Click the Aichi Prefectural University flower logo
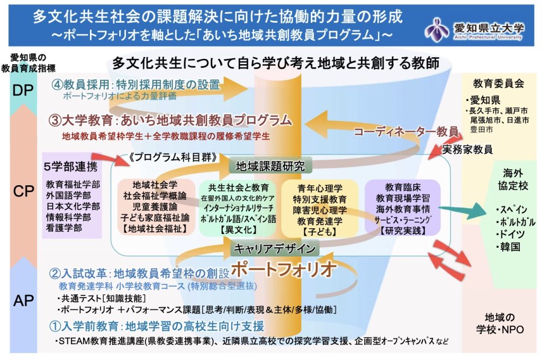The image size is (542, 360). coord(437,29)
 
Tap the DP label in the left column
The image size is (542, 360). coord(23,90)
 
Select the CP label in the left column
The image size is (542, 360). coord(23,191)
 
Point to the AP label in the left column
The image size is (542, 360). coord(23,301)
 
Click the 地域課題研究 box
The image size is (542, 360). coord(270,166)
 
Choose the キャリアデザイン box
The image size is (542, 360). coord(275,248)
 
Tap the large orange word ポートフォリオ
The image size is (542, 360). coord(284,269)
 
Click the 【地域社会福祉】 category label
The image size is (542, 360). coord(155,229)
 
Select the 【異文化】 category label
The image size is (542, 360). coord(239,230)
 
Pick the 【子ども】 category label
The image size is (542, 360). coord(320,231)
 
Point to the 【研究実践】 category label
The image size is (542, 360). coord(403,230)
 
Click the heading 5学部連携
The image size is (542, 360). coord(70,167)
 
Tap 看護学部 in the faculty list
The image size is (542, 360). coord(64,228)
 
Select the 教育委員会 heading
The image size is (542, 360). coord(499,83)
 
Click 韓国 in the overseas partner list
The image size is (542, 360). coord(510,247)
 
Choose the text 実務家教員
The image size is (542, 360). coord(467,149)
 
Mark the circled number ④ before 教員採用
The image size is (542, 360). coord(57,85)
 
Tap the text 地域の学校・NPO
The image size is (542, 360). coord(500,323)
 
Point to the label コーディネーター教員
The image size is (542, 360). coord(406,131)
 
